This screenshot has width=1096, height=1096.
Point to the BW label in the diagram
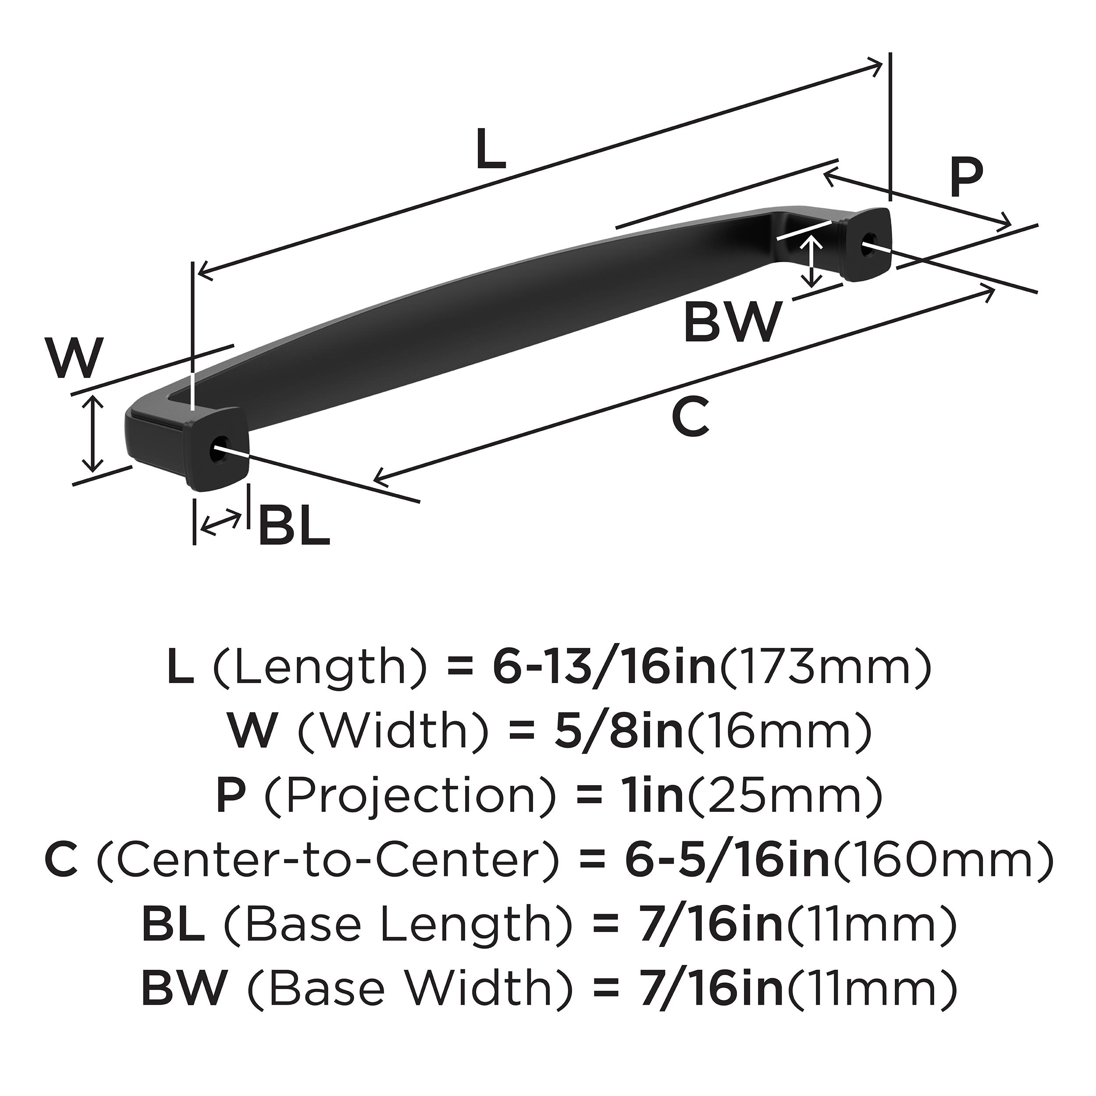pyautogui.click(x=733, y=322)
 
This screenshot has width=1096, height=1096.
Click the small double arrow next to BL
pyautogui.click(x=221, y=521)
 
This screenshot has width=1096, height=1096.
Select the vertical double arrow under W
pyautogui.click(x=93, y=434)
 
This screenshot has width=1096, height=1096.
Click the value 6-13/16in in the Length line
pyautogui.click(x=604, y=669)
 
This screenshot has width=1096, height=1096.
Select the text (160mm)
pyautogui.click(x=941, y=861)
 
